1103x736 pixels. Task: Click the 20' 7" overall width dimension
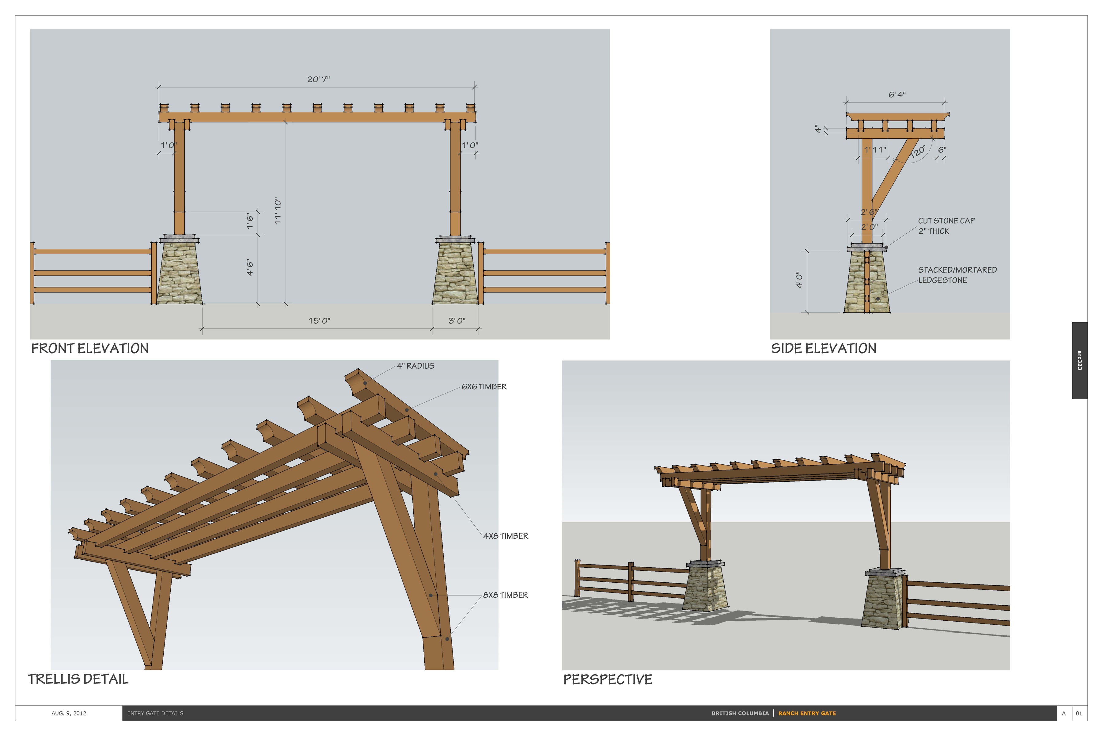318,79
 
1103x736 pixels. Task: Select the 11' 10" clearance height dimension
278,211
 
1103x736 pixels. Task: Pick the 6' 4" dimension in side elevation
897,95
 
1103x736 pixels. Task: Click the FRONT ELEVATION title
89,349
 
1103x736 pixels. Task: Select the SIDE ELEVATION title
824,349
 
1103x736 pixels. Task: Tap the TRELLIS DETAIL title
78,679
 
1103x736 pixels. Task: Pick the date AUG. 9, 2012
69,714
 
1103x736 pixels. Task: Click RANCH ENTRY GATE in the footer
807,714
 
